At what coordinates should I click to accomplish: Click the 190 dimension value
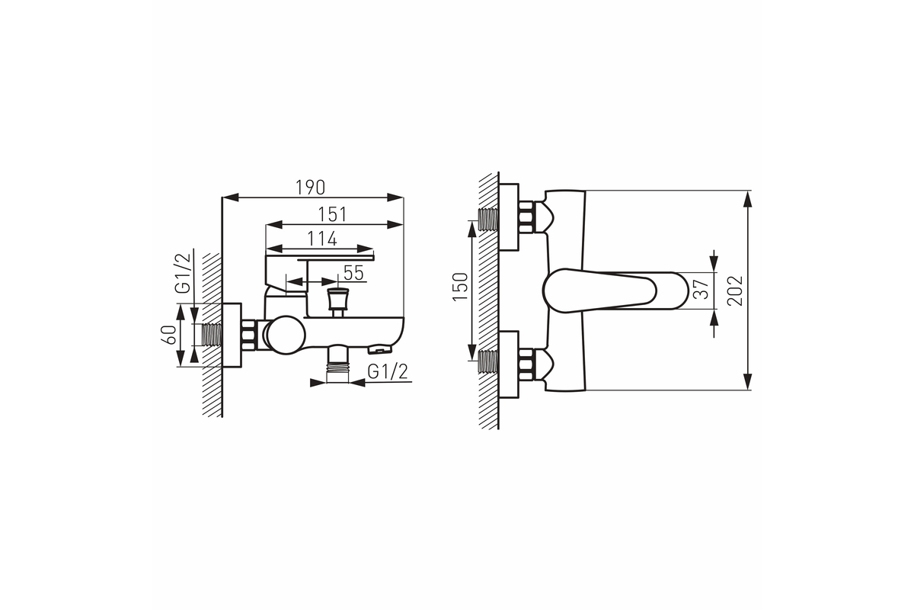pos(310,188)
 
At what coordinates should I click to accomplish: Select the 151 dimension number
pos(332,214)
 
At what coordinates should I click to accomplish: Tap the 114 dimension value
pos(322,239)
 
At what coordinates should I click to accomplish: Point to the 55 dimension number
pos(353,273)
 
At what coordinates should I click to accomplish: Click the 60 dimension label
pos(170,335)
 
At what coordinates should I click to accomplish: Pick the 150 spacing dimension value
pos(460,287)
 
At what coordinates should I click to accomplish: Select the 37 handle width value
pos(701,289)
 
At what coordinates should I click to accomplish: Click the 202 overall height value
pos(735,291)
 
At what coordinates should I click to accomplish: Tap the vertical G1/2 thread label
pos(182,273)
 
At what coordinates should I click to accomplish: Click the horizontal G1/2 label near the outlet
pos(387,372)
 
